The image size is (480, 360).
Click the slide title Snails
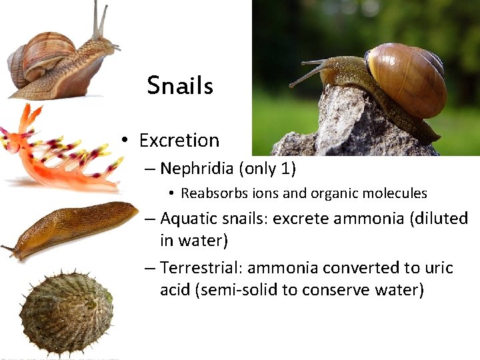180,85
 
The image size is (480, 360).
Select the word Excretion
179,141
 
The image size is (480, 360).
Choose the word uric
439,268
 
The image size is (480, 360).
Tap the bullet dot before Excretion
125,141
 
